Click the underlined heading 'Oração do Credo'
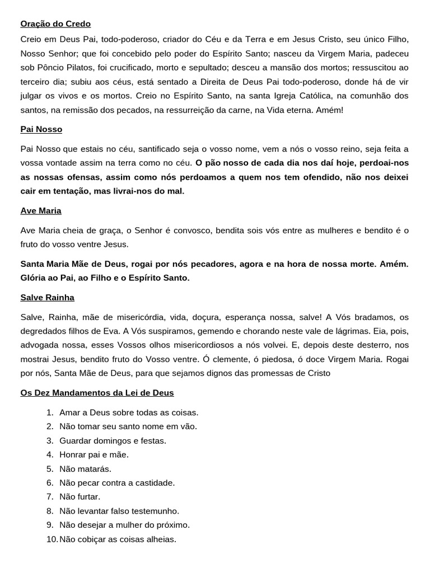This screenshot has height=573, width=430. (x=55, y=24)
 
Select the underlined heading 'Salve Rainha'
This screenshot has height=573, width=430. (x=47, y=298)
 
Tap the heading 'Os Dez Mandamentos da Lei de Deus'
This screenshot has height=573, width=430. (x=97, y=393)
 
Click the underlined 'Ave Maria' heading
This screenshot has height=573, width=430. (x=41, y=211)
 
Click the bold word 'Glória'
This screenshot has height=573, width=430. (x=34, y=278)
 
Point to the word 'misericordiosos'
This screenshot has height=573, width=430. (x=180, y=345)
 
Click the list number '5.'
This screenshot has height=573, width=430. (x=50, y=469)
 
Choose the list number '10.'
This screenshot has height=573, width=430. (x=52, y=539)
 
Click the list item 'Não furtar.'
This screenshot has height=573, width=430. (x=80, y=497)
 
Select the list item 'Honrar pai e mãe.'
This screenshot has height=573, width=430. (x=94, y=455)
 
